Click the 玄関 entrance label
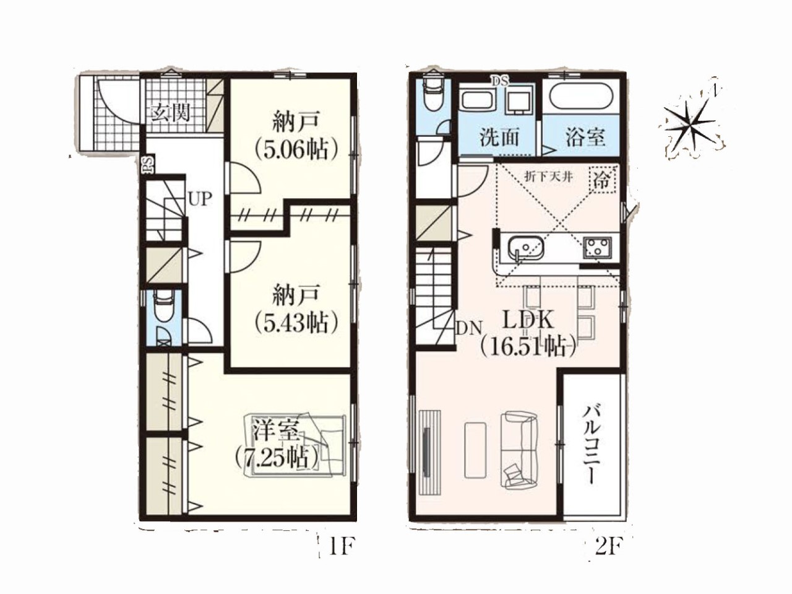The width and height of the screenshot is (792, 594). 171,113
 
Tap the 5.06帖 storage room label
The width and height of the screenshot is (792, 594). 296,136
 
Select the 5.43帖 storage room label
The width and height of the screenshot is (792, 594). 296,308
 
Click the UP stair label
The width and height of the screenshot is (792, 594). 200,199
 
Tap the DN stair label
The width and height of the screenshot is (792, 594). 468,328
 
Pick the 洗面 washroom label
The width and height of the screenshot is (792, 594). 499,138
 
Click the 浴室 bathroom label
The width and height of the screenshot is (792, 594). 585,138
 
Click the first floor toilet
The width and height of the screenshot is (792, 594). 163,308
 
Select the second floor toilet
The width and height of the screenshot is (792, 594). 433,95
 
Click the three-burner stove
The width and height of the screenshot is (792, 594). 598,247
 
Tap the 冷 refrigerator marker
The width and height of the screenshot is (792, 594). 602,179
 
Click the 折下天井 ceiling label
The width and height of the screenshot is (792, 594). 548,178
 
